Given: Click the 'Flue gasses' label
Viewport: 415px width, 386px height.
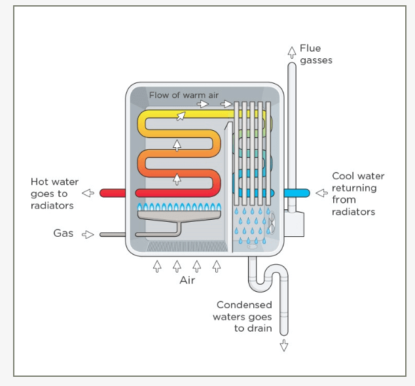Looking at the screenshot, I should pos(316,54).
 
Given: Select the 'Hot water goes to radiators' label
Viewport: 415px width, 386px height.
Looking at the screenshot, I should pos(54,193).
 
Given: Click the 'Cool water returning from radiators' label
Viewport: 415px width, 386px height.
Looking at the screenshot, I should pos(357,194).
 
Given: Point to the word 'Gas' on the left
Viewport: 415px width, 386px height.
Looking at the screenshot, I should pos(63,233).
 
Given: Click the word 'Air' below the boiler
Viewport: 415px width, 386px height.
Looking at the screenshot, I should pos(187,281).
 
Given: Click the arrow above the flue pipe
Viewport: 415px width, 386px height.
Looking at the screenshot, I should pos(292,52).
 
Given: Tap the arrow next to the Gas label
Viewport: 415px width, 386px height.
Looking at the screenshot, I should pos(88,234).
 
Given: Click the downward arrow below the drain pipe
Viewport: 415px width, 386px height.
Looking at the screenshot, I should pos(284,345).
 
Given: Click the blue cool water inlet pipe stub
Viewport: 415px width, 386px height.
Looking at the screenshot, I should pos(297,193).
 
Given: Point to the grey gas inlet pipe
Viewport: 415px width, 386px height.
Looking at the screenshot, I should pos(113,234).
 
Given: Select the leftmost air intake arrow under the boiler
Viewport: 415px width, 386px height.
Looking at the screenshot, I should pos(157,266).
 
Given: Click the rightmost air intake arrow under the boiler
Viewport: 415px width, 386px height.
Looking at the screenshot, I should pos(217,266).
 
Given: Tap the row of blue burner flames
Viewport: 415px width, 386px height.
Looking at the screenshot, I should pos(178,207).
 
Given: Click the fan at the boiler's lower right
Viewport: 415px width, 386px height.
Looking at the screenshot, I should pos(272,223).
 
